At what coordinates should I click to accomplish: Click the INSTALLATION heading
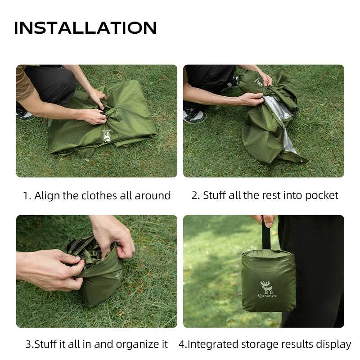click(85, 28)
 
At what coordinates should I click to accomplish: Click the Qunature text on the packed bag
click(267, 296)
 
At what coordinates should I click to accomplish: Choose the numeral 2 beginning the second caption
click(195, 195)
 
